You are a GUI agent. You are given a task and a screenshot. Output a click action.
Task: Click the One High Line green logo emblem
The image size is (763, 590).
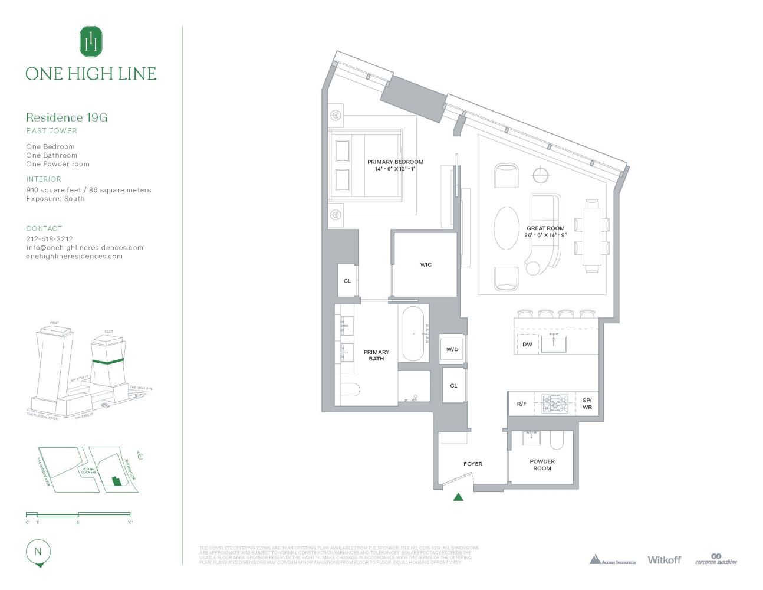[x=91, y=42]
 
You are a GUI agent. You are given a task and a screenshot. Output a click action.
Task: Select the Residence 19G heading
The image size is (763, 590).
[x=67, y=117]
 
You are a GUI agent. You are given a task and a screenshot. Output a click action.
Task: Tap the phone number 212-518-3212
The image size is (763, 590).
[x=50, y=239]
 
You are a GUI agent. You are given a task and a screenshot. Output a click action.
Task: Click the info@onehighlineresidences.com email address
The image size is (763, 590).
[x=84, y=248]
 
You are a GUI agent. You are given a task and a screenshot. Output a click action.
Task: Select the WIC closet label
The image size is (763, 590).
[x=426, y=265]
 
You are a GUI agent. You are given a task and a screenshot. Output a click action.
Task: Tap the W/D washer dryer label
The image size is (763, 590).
[x=452, y=349]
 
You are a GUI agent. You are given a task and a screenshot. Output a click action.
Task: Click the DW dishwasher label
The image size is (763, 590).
[x=527, y=345]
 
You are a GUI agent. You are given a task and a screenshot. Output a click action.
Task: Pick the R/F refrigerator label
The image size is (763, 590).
[x=521, y=404]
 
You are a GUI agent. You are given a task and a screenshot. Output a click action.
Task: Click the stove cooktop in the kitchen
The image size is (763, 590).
[x=555, y=404]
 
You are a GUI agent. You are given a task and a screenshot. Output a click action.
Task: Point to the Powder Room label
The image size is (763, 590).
[x=542, y=465]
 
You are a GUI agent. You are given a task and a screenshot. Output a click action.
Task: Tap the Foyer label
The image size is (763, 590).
[x=473, y=464]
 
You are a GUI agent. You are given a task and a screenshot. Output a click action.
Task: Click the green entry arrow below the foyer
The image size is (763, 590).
[x=458, y=497]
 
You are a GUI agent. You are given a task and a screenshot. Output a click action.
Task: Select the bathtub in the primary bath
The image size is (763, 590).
[x=413, y=334]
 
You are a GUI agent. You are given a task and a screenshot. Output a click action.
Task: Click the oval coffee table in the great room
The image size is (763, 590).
[x=507, y=228]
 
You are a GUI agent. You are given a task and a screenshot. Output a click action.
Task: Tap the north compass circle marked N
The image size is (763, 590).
[x=38, y=552]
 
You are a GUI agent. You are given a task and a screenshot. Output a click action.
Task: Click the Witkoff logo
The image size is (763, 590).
[x=664, y=560]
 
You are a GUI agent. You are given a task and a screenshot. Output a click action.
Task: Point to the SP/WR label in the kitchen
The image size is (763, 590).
[x=587, y=404]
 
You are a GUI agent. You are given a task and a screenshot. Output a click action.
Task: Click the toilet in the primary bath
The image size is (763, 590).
[x=350, y=391]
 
